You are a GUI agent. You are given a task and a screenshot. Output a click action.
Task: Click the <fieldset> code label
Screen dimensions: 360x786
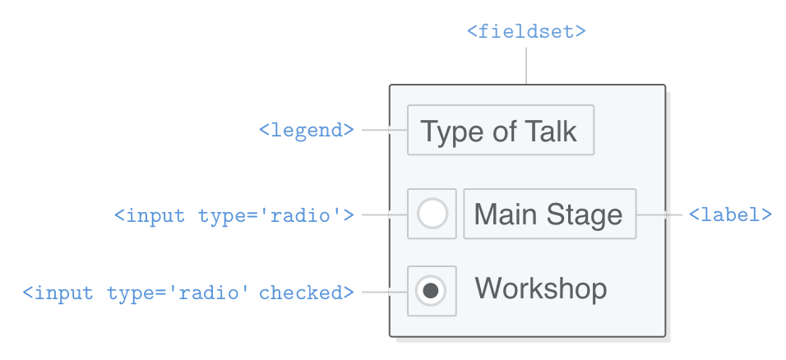click(x=526, y=32)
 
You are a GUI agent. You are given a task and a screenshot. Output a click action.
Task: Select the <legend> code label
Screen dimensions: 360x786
click(x=307, y=130)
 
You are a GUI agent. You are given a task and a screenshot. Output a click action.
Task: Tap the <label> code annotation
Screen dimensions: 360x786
click(x=730, y=215)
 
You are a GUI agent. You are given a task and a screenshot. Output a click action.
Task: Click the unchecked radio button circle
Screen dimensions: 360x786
click(x=432, y=214)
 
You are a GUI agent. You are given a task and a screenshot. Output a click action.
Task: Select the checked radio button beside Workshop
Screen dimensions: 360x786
click(x=432, y=289)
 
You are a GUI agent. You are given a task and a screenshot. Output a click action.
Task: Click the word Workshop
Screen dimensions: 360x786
click(x=541, y=288)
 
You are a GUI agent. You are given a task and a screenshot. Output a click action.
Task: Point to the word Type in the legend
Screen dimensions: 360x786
click(x=449, y=132)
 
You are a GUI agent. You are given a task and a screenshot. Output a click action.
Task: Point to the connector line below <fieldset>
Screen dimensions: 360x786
click(x=526, y=65)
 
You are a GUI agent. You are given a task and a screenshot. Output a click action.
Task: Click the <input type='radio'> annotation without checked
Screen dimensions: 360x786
click(x=234, y=215)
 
